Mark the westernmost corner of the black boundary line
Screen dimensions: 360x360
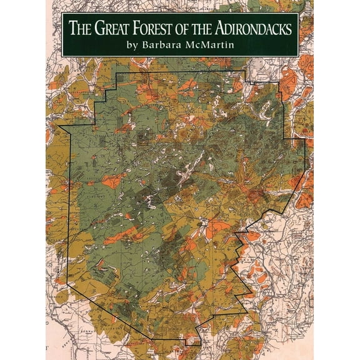point(58,126)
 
